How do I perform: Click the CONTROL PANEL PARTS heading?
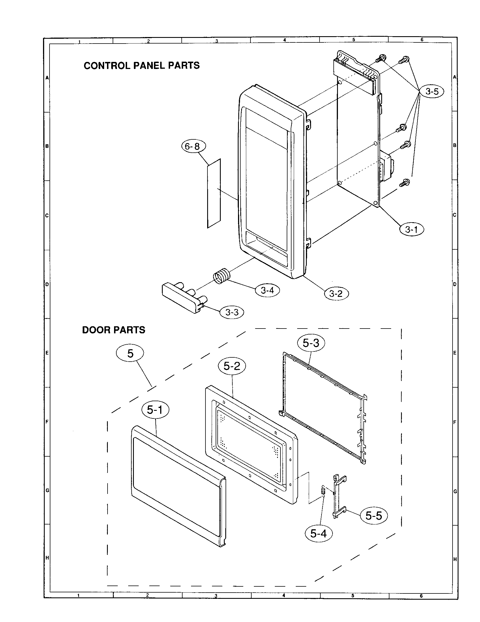(142, 66)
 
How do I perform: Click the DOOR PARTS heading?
(114, 330)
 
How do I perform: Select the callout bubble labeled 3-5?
(432, 91)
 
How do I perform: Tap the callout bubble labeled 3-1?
(411, 229)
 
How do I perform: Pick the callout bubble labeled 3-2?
(336, 294)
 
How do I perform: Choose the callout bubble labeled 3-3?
(232, 312)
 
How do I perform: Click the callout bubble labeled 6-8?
(194, 146)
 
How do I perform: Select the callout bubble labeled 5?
(130, 353)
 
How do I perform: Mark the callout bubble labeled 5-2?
(232, 366)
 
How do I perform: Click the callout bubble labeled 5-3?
(311, 343)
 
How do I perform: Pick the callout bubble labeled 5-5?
(374, 515)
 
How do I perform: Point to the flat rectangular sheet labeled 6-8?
(214, 193)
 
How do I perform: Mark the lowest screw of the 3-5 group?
(404, 182)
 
